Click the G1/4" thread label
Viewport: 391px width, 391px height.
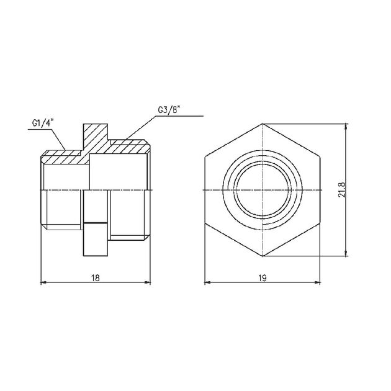click(x=43, y=123)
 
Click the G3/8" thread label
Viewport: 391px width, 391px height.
click(x=169, y=110)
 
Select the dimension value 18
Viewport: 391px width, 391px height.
click(x=95, y=277)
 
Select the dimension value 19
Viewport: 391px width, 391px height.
click(x=263, y=277)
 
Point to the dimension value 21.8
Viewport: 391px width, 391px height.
click(x=341, y=190)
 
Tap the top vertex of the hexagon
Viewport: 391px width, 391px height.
click(x=263, y=124)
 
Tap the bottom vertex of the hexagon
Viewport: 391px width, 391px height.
click(x=263, y=256)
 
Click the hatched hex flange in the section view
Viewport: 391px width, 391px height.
click(x=96, y=137)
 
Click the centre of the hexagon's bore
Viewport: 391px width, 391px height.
click(x=263, y=190)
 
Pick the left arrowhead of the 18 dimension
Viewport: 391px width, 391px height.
click(x=43, y=282)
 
